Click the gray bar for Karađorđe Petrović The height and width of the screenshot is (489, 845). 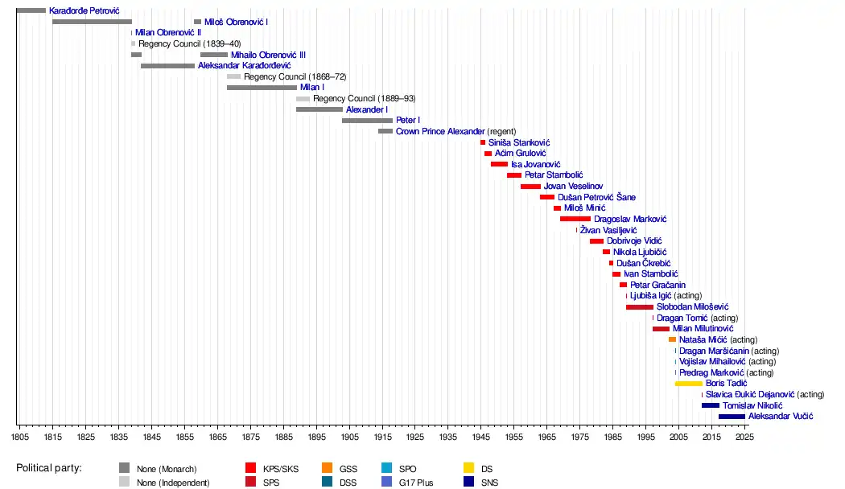[x=31, y=10]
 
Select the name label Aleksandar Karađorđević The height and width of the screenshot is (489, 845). [x=244, y=65]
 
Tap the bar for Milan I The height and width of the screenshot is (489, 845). [x=262, y=87]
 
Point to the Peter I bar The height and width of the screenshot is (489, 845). [x=367, y=120]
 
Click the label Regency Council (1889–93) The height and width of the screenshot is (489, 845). [x=364, y=98]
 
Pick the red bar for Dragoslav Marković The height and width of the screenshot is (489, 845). [x=575, y=219]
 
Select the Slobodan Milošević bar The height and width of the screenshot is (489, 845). [x=640, y=306]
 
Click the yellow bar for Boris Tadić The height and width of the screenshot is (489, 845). [x=689, y=384]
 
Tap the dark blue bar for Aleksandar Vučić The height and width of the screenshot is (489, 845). [x=732, y=416]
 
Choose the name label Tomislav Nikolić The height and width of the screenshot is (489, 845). [x=752, y=405]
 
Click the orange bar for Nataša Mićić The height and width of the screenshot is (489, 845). [x=672, y=339]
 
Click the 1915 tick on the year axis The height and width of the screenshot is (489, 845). [x=381, y=437]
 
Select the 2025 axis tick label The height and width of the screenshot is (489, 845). [x=744, y=437]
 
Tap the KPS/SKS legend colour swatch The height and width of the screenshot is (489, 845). [x=251, y=468]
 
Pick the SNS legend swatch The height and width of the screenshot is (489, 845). [x=469, y=483]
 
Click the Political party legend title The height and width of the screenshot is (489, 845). [x=54, y=468]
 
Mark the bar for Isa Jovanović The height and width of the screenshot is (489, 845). [x=499, y=164]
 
